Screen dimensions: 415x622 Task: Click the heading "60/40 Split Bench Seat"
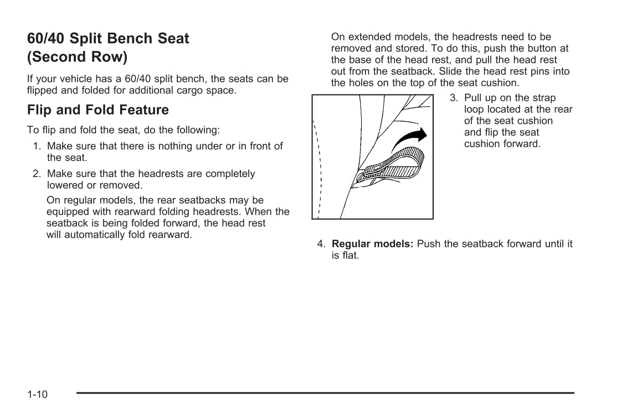tap(108, 39)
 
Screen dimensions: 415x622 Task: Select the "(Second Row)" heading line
tap(77, 57)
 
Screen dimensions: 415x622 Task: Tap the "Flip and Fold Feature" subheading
tap(98, 110)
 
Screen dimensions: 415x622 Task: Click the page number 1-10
tap(38, 395)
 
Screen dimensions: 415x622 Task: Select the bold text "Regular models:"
tap(372, 244)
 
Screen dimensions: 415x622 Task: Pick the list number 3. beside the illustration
tap(454, 98)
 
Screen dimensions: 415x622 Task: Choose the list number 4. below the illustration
tap(321, 244)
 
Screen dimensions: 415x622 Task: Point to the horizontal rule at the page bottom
tap(325, 393)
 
